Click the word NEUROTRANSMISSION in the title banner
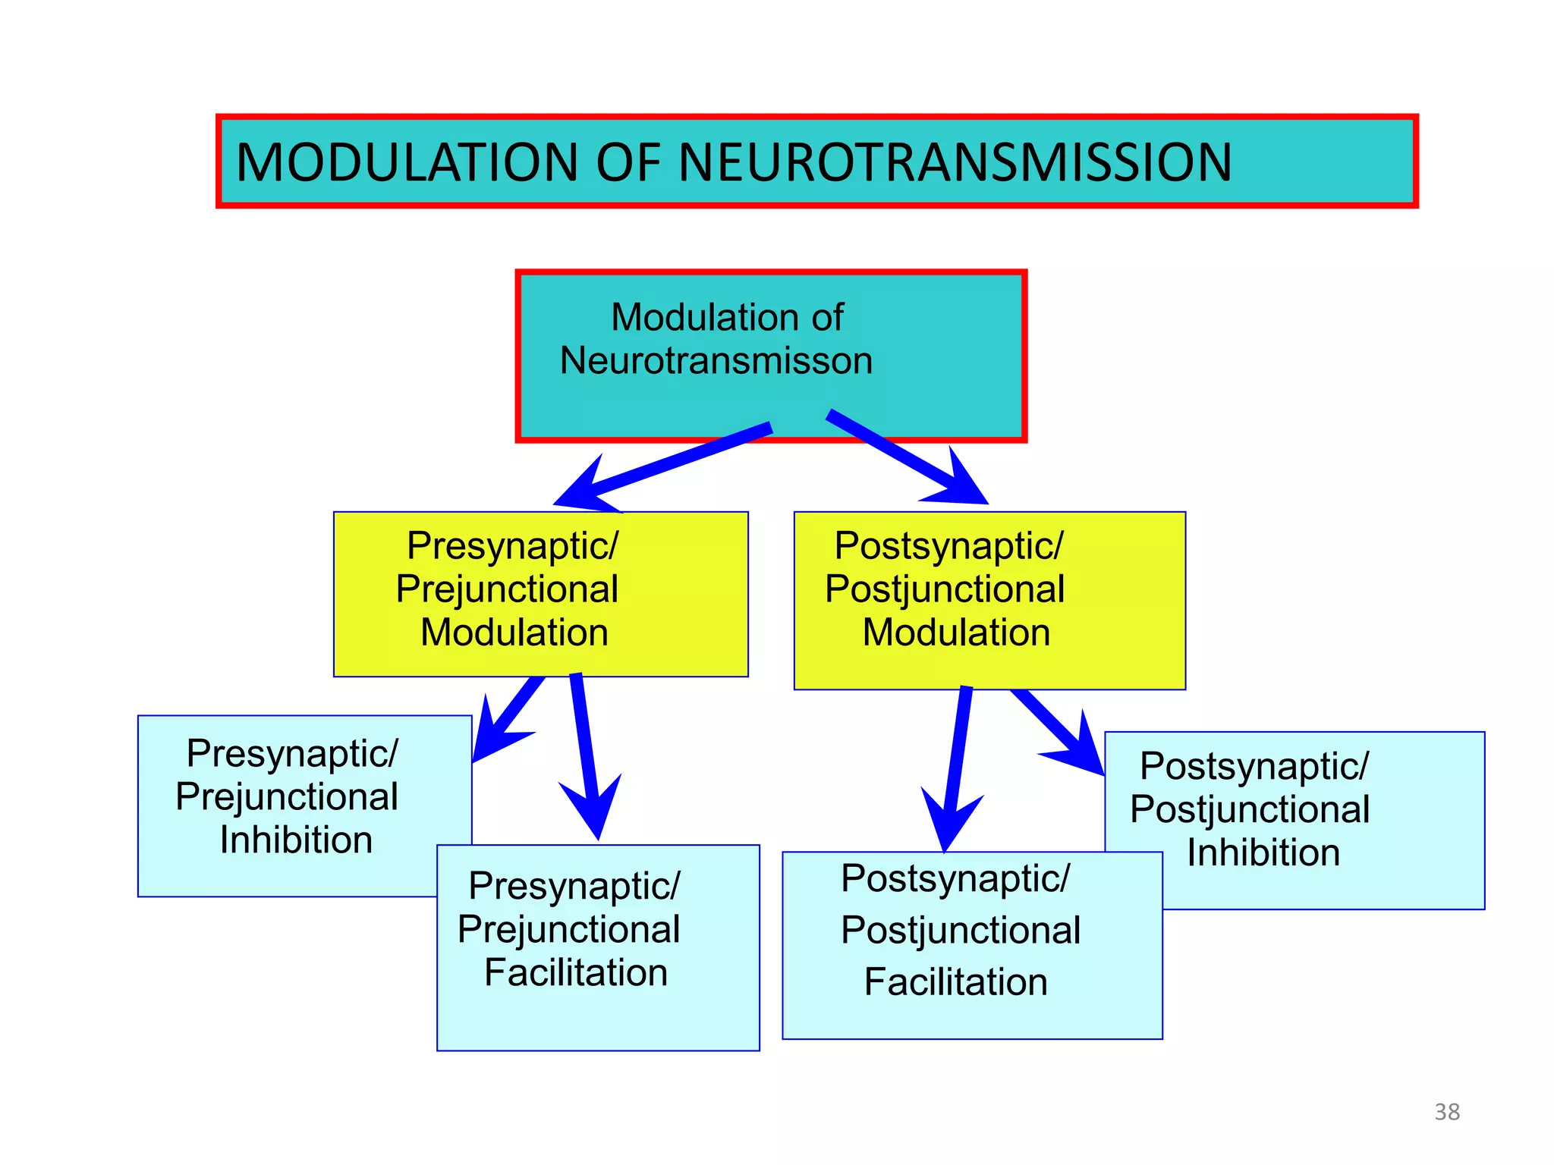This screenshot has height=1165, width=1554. (955, 162)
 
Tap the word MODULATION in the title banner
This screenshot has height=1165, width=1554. (407, 162)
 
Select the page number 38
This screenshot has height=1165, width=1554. (1447, 1112)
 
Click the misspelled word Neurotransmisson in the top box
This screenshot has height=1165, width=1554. (716, 360)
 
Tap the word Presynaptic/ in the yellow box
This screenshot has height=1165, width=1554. (513, 545)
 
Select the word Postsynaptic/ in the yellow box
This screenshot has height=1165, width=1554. (948, 545)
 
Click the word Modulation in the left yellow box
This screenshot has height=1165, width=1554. (514, 633)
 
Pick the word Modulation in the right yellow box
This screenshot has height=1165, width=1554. (956, 633)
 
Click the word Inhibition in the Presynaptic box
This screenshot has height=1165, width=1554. (296, 840)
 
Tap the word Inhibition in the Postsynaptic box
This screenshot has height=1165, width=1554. (1263, 853)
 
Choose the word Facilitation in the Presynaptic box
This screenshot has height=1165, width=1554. (576, 973)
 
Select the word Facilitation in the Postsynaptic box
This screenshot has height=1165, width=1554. (956, 982)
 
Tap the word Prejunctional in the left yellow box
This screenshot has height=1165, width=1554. (507, 589)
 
